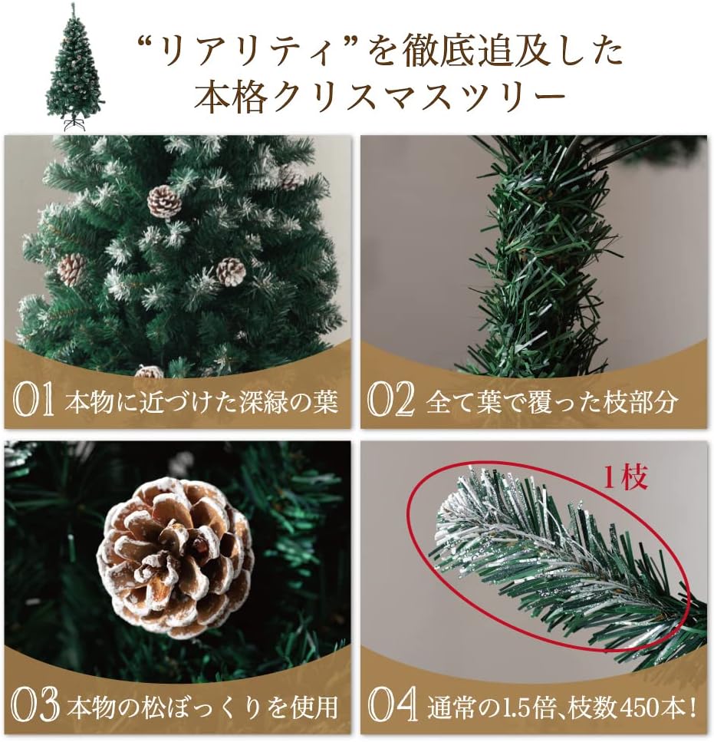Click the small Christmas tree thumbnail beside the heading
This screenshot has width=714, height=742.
[74, 65]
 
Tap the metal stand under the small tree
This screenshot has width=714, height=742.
[74, 124]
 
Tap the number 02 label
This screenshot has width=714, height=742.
[390, 401]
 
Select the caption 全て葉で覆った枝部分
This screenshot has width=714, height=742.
[551, 402]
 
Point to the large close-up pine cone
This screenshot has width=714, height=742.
[175, 556]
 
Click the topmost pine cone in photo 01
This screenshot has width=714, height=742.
[164, 201]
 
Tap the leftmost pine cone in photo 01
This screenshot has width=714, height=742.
[71, 269]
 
